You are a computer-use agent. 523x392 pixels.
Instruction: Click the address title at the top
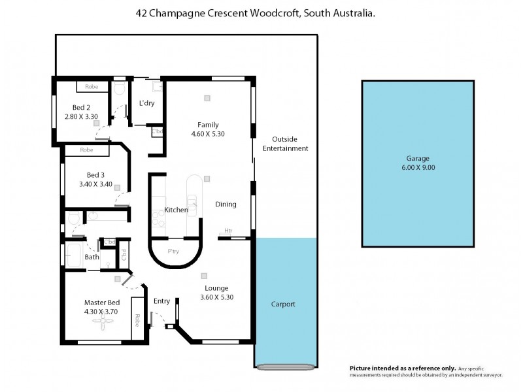coord(255,12)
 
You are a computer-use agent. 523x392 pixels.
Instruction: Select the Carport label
coord(283,304)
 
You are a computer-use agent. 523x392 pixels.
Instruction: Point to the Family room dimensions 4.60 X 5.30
coord(208,133)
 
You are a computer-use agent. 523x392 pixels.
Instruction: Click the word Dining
coord(226,204)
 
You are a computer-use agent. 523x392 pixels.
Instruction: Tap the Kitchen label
coord(176,210)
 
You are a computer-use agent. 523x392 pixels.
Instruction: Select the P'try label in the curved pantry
coord(174,252)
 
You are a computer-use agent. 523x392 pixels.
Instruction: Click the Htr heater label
coord(228,231)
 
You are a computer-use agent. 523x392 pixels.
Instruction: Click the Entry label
coord(161,301)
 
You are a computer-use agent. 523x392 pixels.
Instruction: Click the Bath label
coord(92,257)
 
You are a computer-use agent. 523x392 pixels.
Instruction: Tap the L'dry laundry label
coord(146,103)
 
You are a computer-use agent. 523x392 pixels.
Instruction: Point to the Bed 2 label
coord(81,108)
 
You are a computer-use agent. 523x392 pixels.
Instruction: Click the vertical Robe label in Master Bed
coord(137,320)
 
